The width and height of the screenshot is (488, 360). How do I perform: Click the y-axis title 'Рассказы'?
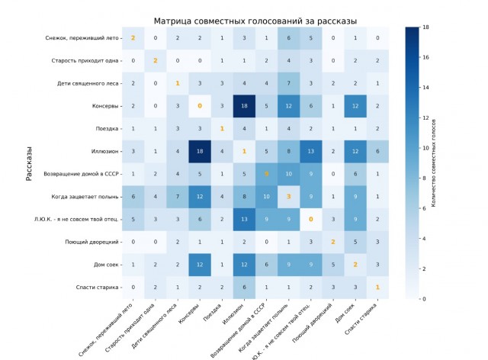29,163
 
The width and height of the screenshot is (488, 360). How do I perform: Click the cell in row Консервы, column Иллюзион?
244,106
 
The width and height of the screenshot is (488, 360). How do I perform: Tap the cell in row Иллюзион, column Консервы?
200,151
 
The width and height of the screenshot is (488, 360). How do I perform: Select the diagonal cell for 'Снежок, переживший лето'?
133,38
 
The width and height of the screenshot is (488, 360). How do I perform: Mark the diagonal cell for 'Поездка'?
222,129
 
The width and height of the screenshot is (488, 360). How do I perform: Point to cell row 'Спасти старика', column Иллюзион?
244,288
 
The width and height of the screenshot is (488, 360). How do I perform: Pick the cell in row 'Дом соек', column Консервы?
200,265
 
